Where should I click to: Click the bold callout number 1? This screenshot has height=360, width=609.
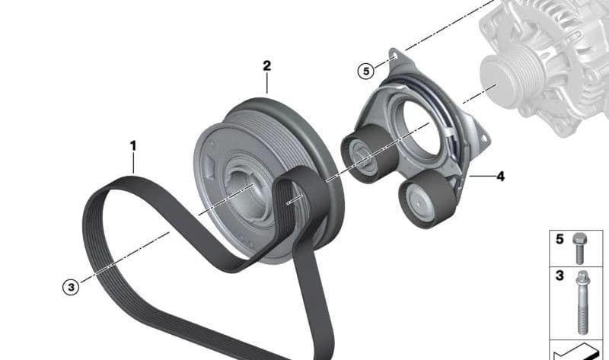[x=133, y=146]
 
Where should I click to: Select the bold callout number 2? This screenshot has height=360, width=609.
[x=267, y=65]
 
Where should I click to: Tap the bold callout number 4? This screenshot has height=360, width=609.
[x=501, y=177]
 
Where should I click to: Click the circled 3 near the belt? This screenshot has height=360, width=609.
[x=71, y=288]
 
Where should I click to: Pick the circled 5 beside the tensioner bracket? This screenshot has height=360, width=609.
[x=366, y=72]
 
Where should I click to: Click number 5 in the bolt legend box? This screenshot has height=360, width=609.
[x=560, y=239]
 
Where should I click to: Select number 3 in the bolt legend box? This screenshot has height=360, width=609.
[x=560, y=276]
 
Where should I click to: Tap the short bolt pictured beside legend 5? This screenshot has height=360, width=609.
[x=579, y=249]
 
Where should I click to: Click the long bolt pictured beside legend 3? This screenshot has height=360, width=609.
[x=582, y=303]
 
